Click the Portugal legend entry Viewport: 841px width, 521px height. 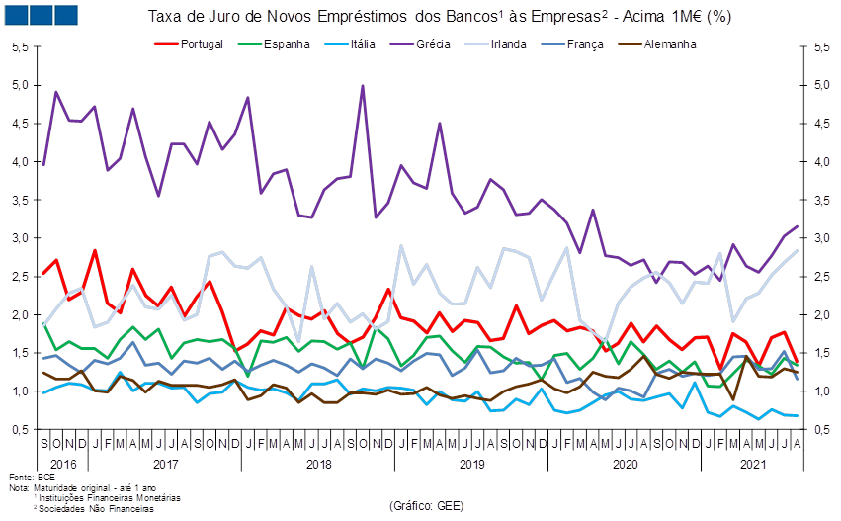[x=203, y=44]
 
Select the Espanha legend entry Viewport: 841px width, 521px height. [x=286, y=44]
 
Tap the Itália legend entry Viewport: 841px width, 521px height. [x=363, y=44]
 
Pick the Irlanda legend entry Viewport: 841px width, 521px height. [x=507, y=44]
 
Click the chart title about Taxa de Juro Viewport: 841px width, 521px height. [x=440, y=17]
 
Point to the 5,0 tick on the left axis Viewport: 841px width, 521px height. [x=18, y=85]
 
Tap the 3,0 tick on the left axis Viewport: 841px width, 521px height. [x=18, y=238]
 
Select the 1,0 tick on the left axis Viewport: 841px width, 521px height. [x=18, y=391]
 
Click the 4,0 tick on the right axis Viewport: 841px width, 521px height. [x=820, y=162]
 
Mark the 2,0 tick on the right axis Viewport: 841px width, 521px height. [x=820, y=315]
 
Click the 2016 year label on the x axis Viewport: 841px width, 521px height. [x=62, y=463]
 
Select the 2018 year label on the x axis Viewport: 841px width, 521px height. [x=319, y=463]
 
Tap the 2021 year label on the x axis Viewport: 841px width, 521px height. [x=754, y=463]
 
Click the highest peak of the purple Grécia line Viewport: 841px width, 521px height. [x=363, y=85]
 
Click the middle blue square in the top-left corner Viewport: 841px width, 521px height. [x=41, y=15]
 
